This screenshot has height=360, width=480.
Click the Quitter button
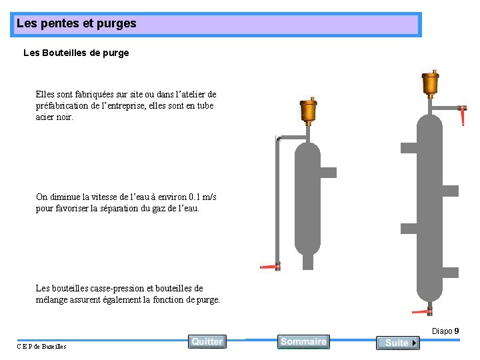point(207,341)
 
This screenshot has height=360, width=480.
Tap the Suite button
point(397,343)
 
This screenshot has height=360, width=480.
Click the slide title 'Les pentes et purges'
point(76,23)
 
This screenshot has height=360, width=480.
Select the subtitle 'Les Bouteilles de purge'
point(76,53)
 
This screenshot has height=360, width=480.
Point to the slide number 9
point(456,331)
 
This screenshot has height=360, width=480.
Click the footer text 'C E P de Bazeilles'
point(41,346)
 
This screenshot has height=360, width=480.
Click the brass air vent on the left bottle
point(308,111)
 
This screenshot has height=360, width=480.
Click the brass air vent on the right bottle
point(430,83)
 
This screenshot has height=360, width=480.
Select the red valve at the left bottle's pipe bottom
point(270,265)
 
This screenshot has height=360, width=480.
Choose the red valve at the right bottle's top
point(463,115)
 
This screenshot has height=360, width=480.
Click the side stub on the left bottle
point(328,173)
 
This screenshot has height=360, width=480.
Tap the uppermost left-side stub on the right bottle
point(408,146)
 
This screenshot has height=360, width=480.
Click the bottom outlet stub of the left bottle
point(307,261)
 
